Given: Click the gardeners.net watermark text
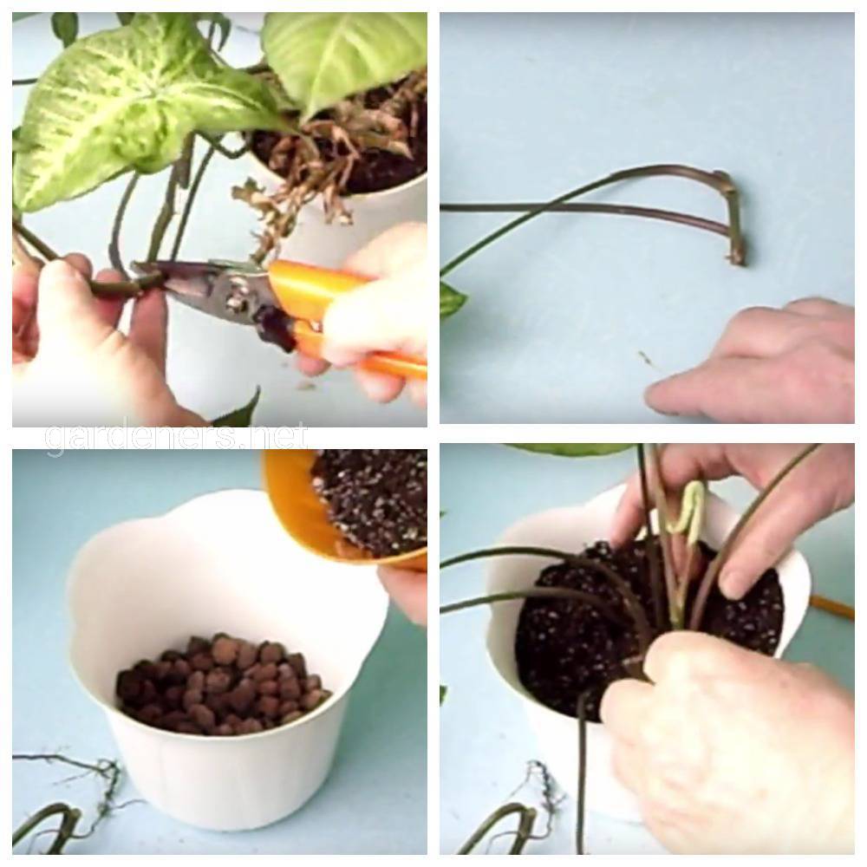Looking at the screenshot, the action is tap(176, 437).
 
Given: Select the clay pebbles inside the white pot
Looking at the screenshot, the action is tap(222, 685).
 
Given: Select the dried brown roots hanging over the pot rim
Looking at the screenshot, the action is tap(310, 160).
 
